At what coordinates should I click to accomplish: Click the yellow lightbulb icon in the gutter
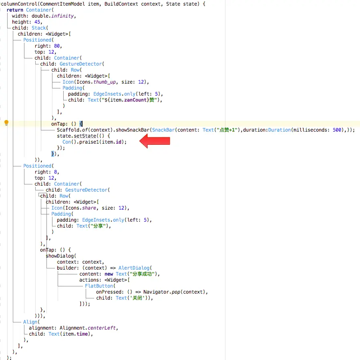click(6, 123)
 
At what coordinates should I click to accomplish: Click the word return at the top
click(15, 10)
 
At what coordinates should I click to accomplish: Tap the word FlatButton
click(100, 286)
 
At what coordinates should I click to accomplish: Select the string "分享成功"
click(143, 274)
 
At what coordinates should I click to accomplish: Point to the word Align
click(30, 322)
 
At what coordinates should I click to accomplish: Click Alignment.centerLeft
click(88, 328)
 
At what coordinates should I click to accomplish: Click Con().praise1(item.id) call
click(94, 142)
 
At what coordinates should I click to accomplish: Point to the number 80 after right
click(58, 46)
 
